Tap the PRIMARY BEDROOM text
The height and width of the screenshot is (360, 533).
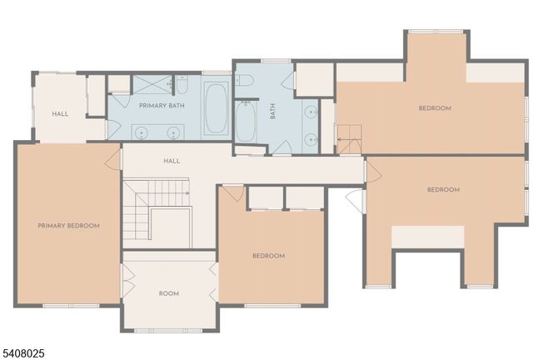coord(68,226)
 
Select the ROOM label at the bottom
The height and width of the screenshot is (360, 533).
coord(169,293)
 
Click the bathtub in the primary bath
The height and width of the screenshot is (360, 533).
coord(216,109)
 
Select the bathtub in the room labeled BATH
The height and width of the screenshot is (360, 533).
coord(247,122)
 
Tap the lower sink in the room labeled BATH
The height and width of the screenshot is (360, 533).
coord(310,138)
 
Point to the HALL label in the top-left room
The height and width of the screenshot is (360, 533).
coord(60,114)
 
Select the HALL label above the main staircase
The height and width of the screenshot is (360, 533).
coord(172,161)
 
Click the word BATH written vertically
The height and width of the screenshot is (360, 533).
coord(272,112)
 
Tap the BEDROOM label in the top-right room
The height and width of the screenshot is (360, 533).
coord(434,108)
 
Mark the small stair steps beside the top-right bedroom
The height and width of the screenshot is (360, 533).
coord(349,137)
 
